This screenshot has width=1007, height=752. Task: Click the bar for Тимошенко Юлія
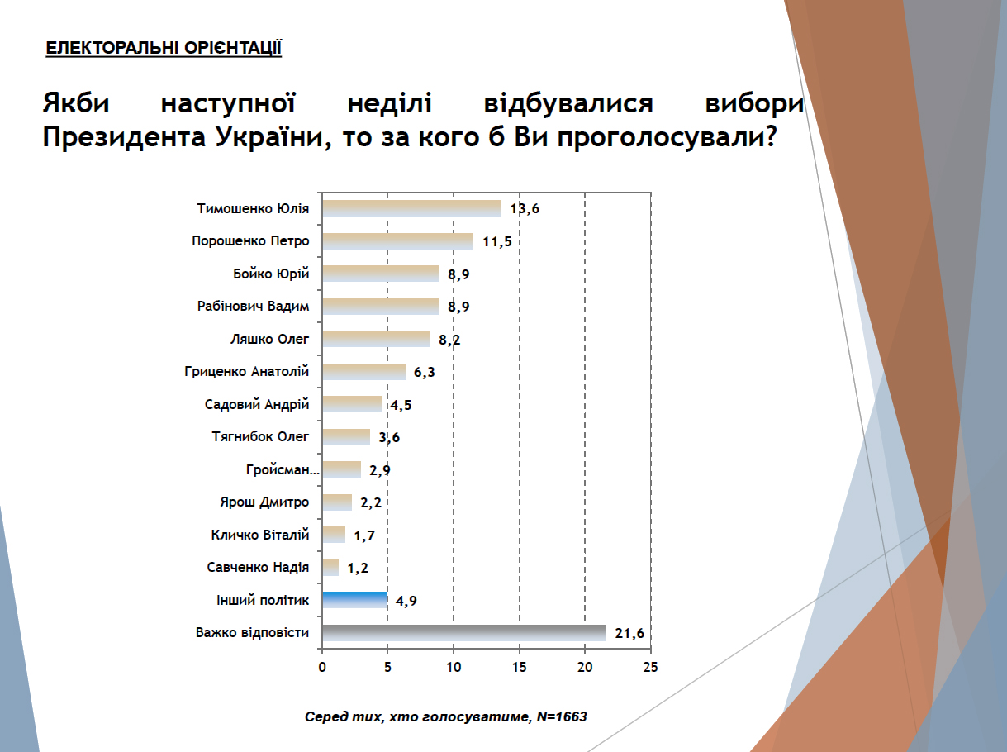(x=411, y=208)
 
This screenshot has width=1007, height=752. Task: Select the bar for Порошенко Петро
(x=397, y=241)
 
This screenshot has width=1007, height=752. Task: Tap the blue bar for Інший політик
(x=354, y=601)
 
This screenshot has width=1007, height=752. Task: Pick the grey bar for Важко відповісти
(x=463, y=634)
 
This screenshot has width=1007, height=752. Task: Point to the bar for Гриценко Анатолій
(x=363, y=372)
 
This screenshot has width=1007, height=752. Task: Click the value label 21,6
(x=629, y=634)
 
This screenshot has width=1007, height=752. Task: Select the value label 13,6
(x=525, y=208)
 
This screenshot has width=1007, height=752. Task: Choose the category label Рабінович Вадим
(x=254, y=307)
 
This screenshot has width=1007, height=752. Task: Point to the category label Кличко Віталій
(x=260, y=535)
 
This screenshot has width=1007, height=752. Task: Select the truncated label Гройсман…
(x=282, y=470)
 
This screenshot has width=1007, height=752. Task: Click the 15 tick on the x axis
(x=519, y=668)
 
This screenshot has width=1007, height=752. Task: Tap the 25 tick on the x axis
(x=651, y=668)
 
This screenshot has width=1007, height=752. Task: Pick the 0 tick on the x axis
(x=322, y=668)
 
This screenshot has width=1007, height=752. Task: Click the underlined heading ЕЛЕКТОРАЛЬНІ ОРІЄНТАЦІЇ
(x=164, y=49)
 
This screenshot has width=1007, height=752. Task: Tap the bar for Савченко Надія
(x=330, y=568)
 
